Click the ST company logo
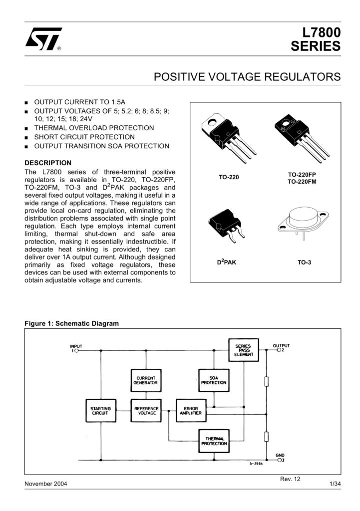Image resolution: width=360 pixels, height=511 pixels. (x=43, y=38)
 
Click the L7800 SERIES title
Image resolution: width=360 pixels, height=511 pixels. (x=316, y=40)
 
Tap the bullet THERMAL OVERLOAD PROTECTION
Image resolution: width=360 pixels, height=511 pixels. (x=93, y=128)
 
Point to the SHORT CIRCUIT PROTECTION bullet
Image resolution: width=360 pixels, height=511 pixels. (x=84, y=137)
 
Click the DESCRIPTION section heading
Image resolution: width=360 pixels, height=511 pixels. (x=48, y=163)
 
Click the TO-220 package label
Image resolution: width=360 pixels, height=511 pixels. (x=229, y=177)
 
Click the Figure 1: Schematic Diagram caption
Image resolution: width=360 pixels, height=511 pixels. (x=72, y=323)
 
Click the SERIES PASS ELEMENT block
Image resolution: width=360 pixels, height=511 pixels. (x=244, y=350)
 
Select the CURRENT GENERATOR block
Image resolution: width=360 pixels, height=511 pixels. (x=145, y=380)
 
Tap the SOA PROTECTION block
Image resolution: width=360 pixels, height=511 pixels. (x=214, y=380)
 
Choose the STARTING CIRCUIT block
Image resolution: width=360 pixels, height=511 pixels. (x=100, y=411)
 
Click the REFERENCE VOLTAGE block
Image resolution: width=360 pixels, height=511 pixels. (x=145, y=411)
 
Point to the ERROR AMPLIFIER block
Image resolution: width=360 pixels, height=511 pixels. (x=190, y=411)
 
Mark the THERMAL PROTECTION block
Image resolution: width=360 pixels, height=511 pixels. (x=214, y=441)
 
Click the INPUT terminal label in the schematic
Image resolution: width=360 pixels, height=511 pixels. (x=76, y=346)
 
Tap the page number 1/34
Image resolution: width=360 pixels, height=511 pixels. (x=335, y=485)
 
